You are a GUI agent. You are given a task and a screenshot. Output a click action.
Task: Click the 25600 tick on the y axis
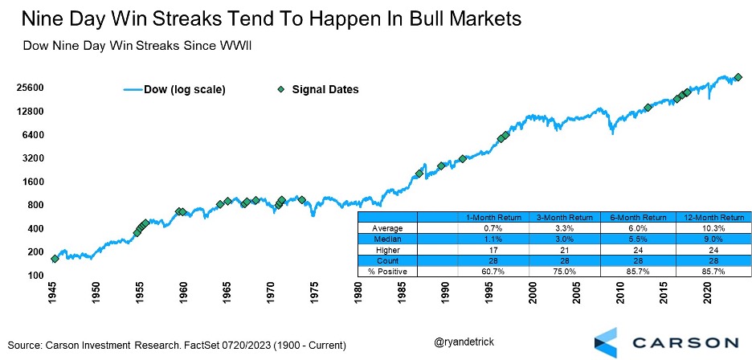31,89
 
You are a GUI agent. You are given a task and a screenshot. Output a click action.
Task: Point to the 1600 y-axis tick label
33,182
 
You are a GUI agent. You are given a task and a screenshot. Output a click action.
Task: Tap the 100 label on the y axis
36,276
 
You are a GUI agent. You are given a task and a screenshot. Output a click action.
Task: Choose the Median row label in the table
388,239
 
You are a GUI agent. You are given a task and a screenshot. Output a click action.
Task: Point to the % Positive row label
388,272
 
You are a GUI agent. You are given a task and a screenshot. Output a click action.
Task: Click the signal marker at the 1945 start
55,259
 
